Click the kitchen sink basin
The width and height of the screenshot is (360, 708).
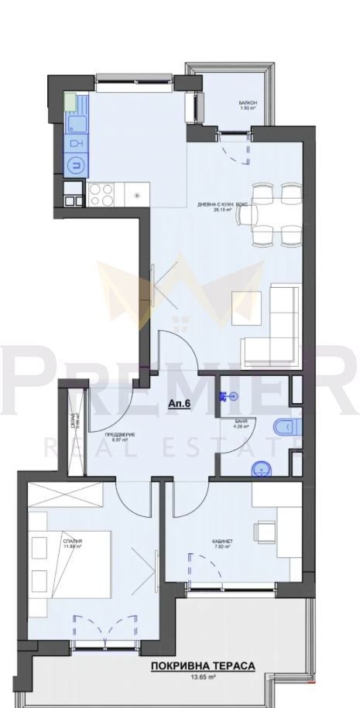click(76, 125)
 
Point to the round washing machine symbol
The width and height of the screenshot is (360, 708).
click(75, 164)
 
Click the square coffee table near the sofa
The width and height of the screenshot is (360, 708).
click(249, 309)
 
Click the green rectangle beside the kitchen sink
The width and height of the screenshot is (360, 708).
click(70, 101)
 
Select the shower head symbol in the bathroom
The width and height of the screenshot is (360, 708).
click(225, 395)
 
